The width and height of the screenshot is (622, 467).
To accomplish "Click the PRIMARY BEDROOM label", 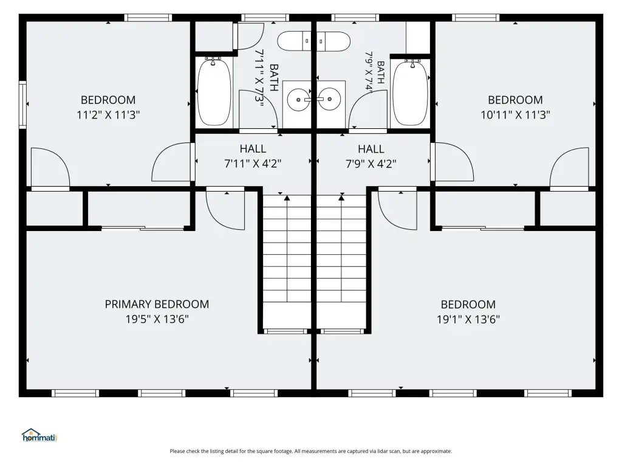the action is tap(157, 304).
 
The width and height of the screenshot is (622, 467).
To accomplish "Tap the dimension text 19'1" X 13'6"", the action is tap(468, 319).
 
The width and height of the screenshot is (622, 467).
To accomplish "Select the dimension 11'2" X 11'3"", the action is tap(108, 115).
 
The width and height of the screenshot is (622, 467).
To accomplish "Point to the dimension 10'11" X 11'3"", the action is tap(515, 115).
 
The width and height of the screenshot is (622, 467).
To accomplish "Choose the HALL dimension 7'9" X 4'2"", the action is tap(371, 164).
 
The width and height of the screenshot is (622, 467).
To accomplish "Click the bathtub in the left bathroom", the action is tap(214, 92).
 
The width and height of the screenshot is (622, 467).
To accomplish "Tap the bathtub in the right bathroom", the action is tap(410, 93).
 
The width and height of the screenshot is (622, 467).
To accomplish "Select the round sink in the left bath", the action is tap(297, 99).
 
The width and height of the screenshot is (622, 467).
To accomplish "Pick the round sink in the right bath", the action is tap(330, 99).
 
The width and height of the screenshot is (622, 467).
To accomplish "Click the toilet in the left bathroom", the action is tap(294, 41).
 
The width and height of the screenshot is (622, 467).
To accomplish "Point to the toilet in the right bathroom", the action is tap(333, 41).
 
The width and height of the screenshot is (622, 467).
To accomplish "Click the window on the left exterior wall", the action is tap(22, 105).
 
